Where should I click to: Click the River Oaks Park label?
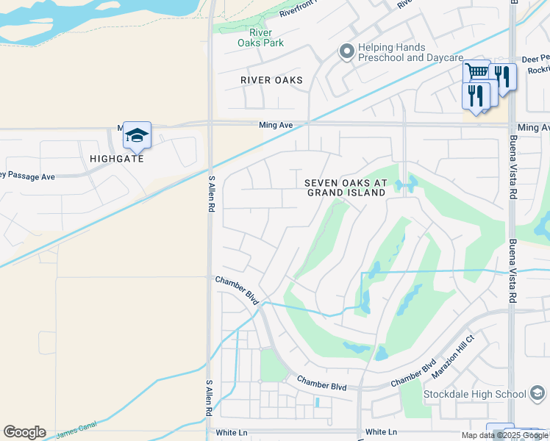(x=260, y=37)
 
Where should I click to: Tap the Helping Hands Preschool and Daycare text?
(x=410, y=52)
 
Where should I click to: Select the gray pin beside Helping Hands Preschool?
(x=346, y=51)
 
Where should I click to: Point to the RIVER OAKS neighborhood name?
(x=272, y=80)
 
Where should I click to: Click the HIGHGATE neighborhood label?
(x=117, y=158)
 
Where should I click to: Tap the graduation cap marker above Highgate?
(x=137, y=135)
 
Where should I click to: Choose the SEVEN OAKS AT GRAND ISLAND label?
(x=346, y=187)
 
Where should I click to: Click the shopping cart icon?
(x=476, y=72)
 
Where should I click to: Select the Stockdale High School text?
(x=475, y=394)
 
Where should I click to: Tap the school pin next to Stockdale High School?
(x=537, y=395)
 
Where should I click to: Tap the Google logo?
(x=24, y=432)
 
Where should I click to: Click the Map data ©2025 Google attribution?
(x=504, y=435)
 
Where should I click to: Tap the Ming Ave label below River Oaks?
(x=276, y=126)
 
